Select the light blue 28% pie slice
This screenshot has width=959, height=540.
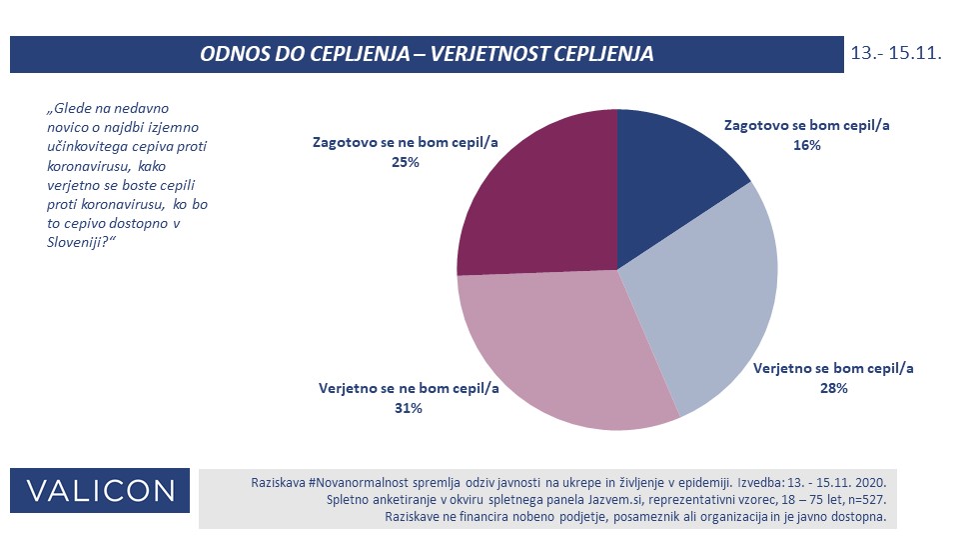point(714,300)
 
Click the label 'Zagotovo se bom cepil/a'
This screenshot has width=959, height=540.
point(805,126)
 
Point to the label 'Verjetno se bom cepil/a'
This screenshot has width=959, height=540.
point(833,368)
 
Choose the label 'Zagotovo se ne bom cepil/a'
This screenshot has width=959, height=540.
point(406,143)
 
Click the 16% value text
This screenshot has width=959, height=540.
point(806,146)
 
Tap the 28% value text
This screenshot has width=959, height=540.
point(833,388)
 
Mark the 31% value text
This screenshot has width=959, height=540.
point(408,408)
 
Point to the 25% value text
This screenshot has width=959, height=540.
point(406,163)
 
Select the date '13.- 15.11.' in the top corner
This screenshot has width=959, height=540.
point(897,53)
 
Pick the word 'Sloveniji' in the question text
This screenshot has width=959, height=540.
point(79,244)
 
